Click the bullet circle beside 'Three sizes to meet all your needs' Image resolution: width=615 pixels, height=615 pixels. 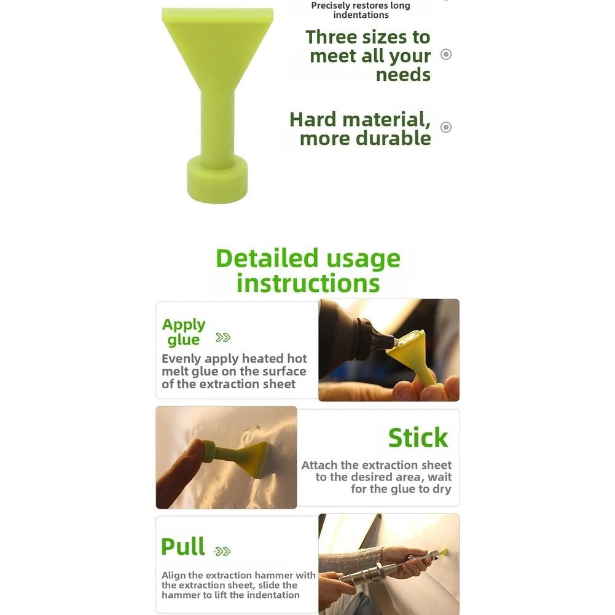coord(446,54)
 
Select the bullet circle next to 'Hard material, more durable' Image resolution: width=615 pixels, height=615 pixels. coord(446,127)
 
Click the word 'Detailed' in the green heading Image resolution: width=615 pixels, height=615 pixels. coord(267,259)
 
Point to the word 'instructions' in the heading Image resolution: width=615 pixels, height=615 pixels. coord(308,283)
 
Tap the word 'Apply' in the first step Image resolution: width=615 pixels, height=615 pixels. coord(184,325)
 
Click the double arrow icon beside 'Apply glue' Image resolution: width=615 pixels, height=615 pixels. coord(223,337)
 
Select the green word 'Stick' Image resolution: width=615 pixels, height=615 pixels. coord(418,437)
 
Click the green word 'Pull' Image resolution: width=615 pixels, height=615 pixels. coord(182,546)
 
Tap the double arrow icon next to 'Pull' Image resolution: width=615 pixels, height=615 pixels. coord(222,552)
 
